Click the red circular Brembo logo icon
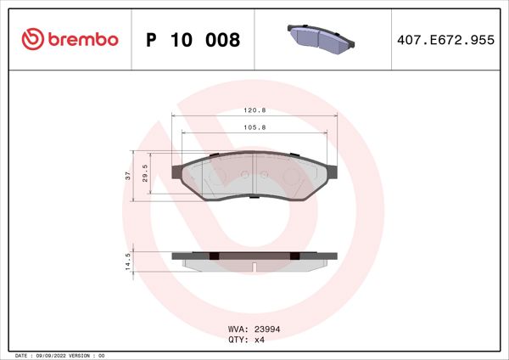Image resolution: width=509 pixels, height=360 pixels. coord(32,39)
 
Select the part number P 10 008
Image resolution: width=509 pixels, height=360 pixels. coord(193,40)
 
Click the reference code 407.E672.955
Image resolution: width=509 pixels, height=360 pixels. coord(445,40)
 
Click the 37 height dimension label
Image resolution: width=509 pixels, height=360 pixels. coord(127,176)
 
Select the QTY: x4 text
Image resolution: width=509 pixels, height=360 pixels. coord(247,340)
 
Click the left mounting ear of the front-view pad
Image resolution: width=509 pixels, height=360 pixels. coord(177,171)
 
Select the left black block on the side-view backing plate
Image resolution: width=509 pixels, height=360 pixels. coord(215,256)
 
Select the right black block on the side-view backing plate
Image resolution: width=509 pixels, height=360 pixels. coord(294,256)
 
